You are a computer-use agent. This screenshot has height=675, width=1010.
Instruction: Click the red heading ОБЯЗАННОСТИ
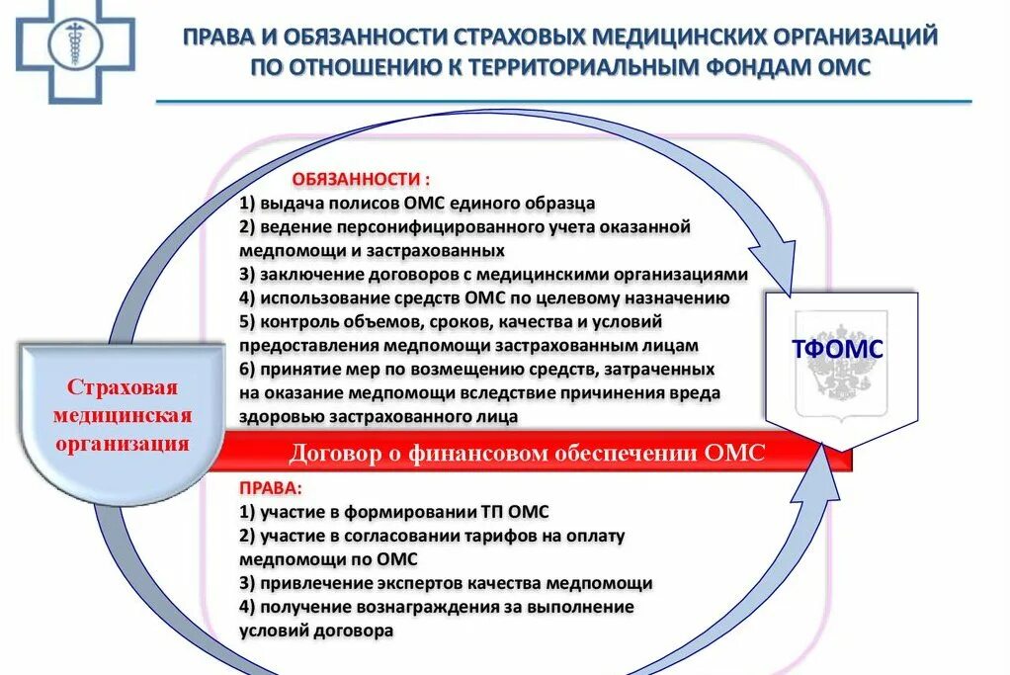coord(361,180)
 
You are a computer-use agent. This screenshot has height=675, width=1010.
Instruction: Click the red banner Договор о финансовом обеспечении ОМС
coord(527,454)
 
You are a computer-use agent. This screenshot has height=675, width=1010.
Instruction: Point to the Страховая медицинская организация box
coord(122,413)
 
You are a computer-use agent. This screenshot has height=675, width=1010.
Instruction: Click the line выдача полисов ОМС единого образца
coord(416,204)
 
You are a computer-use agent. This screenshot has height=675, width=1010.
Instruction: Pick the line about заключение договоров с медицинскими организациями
coord(492,275)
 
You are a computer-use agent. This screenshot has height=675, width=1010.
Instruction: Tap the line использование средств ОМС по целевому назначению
coord(483,298)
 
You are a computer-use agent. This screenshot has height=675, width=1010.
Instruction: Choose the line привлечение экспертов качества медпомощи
coord(445,583)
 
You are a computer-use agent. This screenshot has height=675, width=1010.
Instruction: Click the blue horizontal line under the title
coord(563,101)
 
